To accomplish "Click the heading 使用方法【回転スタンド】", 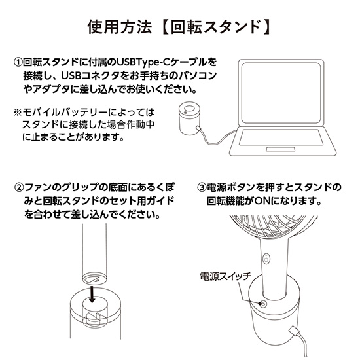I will click(180, 28).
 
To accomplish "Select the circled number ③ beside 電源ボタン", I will click(202, 187).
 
